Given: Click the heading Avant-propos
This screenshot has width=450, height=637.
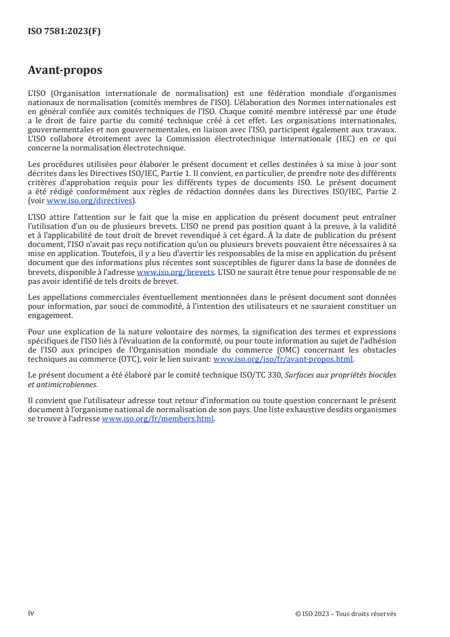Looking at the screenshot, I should [x=65, y=70].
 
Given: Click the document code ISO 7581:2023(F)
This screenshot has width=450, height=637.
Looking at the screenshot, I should [x=64, y=32].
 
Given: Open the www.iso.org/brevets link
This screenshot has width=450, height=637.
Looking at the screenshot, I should [x=175, y=273].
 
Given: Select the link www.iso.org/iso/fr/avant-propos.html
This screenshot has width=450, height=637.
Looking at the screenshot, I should [x=283, y=359].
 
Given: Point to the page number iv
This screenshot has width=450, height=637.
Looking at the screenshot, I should [x=31, y=614].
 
